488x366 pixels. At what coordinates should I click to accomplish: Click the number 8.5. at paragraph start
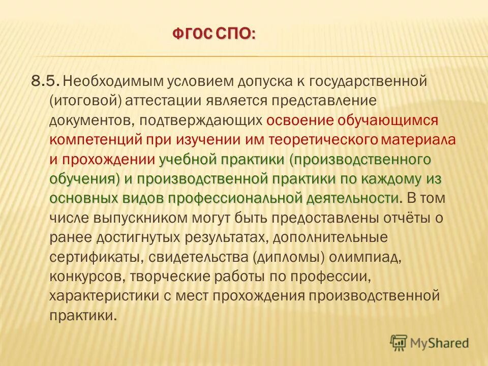(x=46, y=81)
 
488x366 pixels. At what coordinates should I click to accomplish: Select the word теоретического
(x=332, y=139)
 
